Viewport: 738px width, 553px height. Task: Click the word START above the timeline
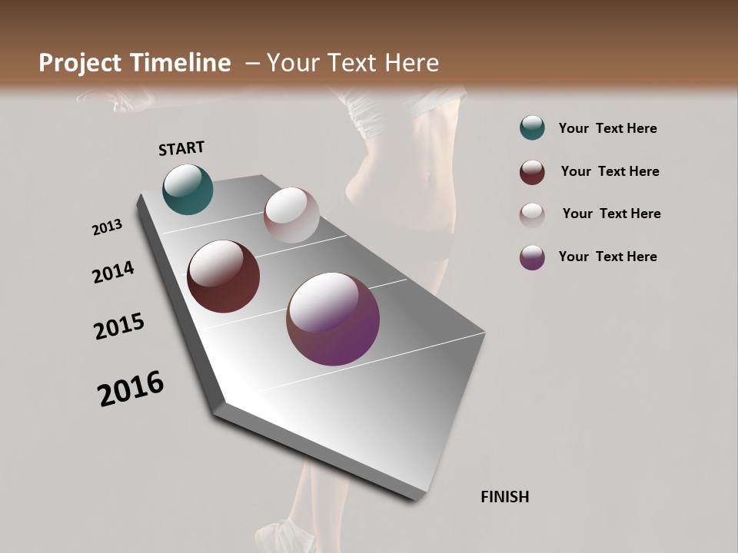tap(181, 148)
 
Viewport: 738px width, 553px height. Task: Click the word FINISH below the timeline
tap(505, 497)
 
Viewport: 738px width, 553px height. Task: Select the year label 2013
tap(108, 227)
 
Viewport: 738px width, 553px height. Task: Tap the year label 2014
tap(114, 272)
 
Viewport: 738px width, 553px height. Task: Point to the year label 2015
tap(119, 326)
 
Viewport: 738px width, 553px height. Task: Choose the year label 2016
tap(131, 389)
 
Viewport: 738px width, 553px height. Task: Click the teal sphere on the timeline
tap(188, 190)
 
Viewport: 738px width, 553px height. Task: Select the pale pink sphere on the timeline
tap(291, 215)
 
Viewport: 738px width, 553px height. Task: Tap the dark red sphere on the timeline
tap(224, 276)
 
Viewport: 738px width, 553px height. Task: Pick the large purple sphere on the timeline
tap(333, 319)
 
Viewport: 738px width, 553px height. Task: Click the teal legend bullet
tap(532, 127)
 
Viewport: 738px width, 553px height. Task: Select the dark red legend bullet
tap(532, 172)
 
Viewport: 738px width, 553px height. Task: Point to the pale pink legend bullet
tap(532, 214)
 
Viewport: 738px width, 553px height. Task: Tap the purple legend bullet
tap(532, 257)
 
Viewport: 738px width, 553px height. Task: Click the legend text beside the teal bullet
tap(607, 128)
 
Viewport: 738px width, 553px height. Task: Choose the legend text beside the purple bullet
tap(607, 257)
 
